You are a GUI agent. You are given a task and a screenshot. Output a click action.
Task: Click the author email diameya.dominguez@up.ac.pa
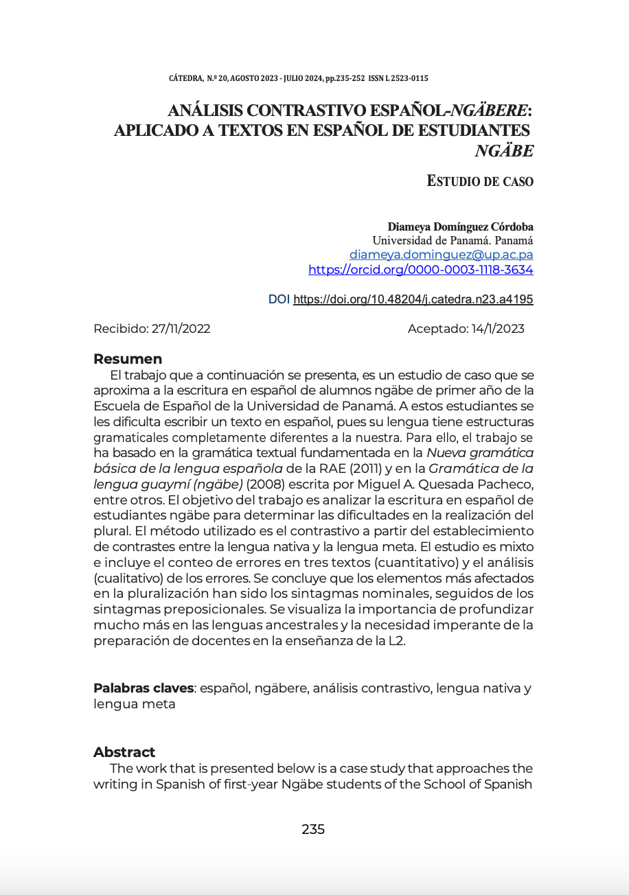point(441,255)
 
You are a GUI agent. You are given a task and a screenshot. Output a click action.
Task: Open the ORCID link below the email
point(420,270)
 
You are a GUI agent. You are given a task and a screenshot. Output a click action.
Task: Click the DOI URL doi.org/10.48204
point(413,300)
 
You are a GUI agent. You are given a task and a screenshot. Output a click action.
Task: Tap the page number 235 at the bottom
point(313,829)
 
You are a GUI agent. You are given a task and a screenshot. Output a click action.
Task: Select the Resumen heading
point(128,359)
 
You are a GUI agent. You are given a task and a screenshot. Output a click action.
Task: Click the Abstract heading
point(124,752)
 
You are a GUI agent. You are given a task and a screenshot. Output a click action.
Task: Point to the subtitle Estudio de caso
point(480,181)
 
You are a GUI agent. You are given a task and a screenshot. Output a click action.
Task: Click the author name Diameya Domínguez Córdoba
point(460,226)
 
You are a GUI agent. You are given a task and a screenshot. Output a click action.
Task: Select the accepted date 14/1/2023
point(497,329)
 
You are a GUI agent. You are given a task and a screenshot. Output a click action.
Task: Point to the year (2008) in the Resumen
point(268,485)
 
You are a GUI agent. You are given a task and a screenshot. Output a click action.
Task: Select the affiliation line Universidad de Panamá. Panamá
point(453,240)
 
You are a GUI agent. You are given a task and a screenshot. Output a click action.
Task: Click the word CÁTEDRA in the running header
point(185,78)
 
